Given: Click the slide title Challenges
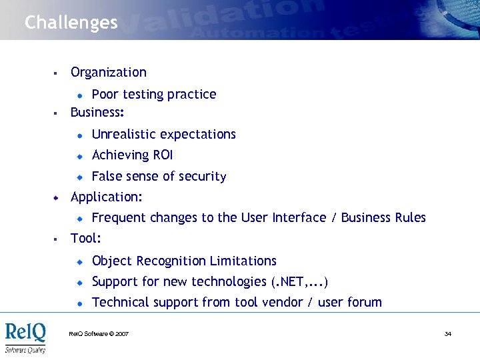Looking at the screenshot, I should tap(71, 23).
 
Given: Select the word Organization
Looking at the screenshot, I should tap(109, 72).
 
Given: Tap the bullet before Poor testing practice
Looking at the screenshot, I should tap(79, 95).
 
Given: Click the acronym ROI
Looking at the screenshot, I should tap(163, 155).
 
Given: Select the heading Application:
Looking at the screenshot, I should tap(107, 197).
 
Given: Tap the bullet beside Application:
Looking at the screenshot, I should tap(57, 197).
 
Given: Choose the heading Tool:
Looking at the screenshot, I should tap(86, 238).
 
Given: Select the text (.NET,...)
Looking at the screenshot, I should tap(300, 281).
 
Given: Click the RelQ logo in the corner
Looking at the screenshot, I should tap(25, 337).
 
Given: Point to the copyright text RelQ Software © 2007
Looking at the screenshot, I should tap(99, 334).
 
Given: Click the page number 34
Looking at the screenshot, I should tap(448, 334).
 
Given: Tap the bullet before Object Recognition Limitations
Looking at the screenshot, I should tap(79, 261).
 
